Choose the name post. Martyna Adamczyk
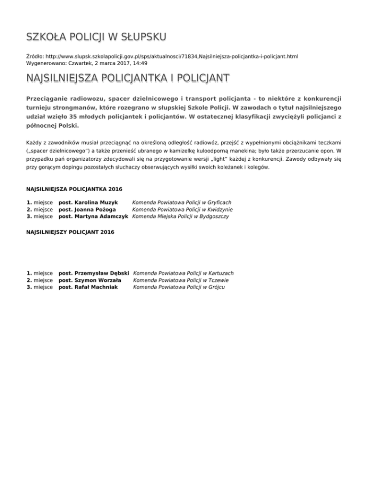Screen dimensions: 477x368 tap(93, 216)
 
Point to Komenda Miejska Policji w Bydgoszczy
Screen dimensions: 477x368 tap(180, 216)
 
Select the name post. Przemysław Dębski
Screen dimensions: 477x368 tap(94, 273)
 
